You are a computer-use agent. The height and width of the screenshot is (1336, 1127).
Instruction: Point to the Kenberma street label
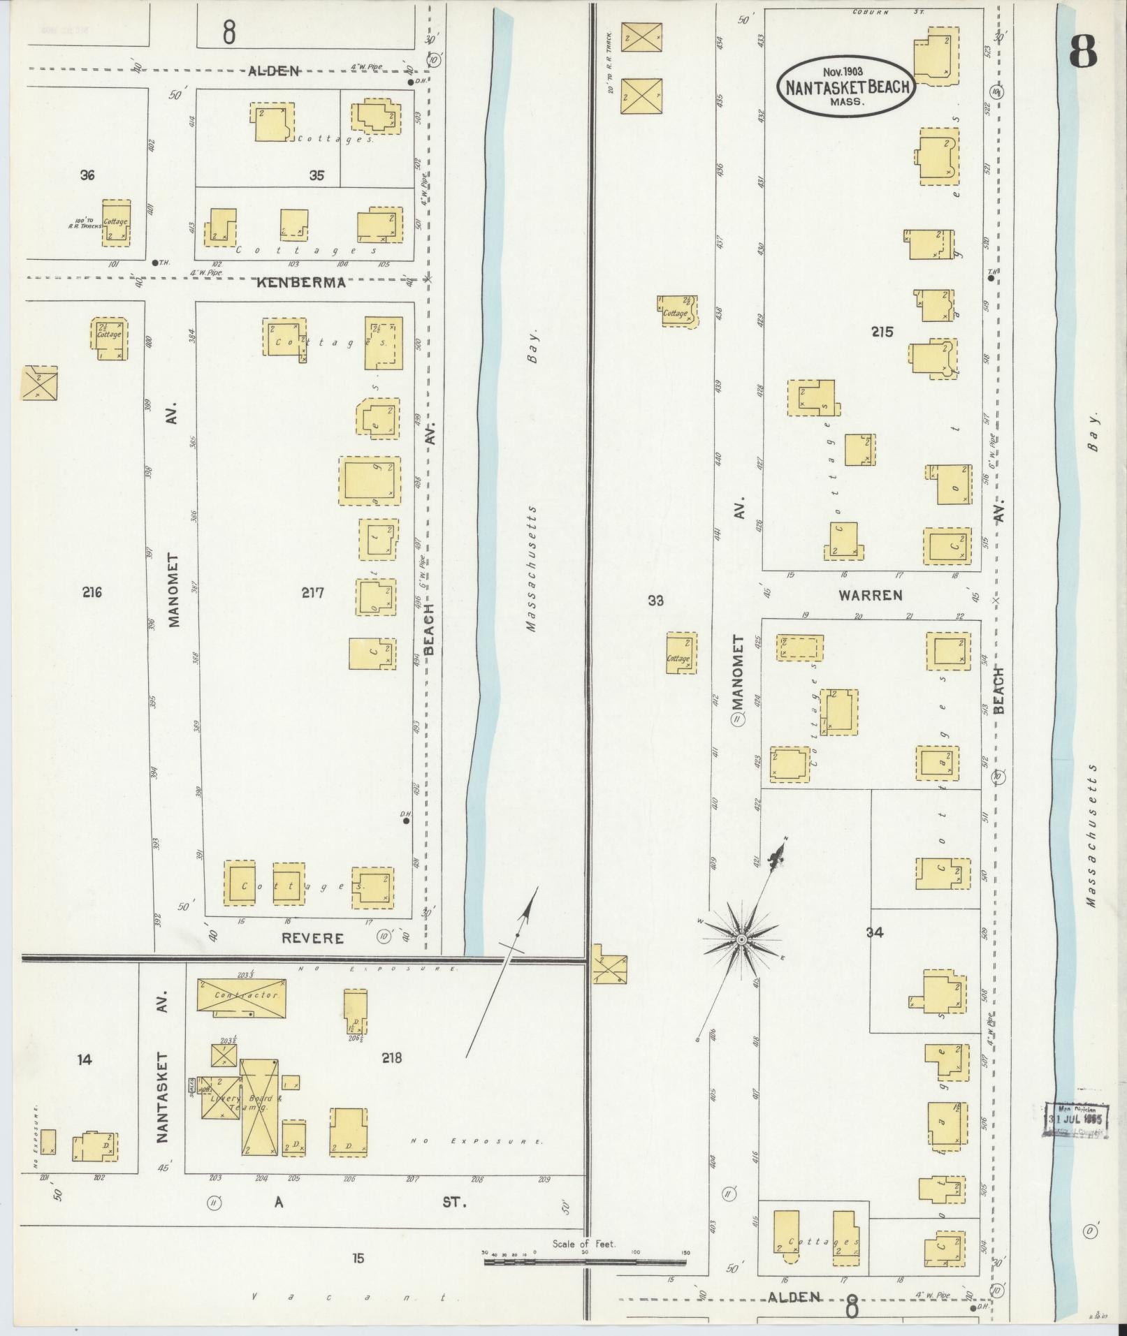coord(300,283)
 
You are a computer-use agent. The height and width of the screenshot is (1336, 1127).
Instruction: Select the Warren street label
coord(870,595)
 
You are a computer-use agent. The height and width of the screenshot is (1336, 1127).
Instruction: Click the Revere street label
coord(312,938)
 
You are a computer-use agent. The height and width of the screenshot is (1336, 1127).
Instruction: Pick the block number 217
coord(312,593)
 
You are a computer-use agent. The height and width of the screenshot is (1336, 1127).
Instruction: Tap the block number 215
coord(882,332)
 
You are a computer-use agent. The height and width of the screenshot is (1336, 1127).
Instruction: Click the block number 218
coord(392,1057)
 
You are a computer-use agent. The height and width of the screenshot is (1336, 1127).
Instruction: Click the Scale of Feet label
coord(584,1244)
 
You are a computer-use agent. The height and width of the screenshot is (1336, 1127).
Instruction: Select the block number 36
coord(87,175)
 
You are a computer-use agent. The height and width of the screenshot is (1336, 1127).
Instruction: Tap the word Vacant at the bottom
coord(349,1297)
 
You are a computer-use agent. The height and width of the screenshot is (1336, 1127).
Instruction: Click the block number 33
coord(655,600)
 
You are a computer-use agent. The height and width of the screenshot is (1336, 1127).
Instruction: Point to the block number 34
coord(875,932)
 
